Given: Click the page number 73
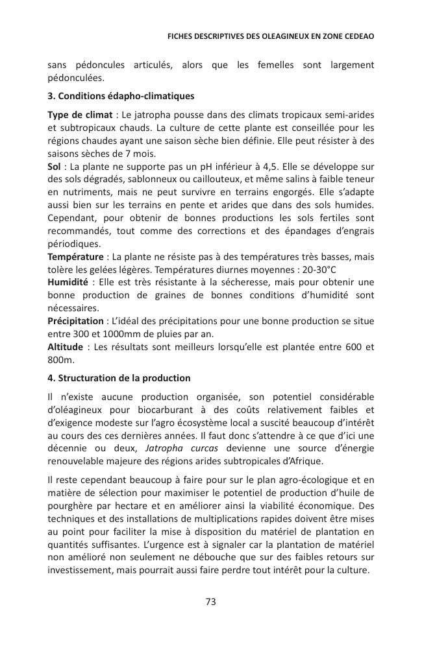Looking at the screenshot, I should coord(210,602).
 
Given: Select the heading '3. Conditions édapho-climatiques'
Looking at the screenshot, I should coord(121,97).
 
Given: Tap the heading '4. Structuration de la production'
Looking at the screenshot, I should coord(119,378).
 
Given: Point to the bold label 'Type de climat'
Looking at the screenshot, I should coord(75,115).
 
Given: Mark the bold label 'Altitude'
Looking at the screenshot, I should coord(65,347).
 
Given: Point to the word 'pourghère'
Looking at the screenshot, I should coord(70,506).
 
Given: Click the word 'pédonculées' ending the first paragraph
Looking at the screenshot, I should coord(75,78).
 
